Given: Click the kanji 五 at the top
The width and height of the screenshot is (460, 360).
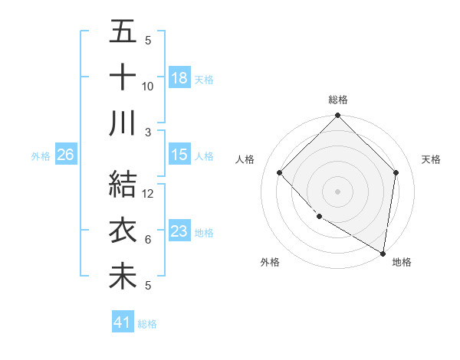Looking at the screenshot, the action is [123, 32].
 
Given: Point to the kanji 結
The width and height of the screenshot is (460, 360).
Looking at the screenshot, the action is [123, 185].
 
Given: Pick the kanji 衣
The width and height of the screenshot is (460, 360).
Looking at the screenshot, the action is [123, 231].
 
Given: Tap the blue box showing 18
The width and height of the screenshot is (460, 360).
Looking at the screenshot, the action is [179, 77].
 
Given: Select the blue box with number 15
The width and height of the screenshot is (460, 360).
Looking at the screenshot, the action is [179, 155].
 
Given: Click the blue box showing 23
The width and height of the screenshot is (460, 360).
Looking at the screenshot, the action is [179, 231].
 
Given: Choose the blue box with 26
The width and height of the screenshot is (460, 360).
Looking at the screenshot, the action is [65, 155].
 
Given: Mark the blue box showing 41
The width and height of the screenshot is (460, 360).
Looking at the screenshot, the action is [123, 322].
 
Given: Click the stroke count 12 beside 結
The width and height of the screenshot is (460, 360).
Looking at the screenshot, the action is [149, 194].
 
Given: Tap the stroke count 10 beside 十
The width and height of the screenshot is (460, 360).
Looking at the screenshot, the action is [148, 86].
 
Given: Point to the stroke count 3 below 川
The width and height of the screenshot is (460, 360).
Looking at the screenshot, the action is [148, 132].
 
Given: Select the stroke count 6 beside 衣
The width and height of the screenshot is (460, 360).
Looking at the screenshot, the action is [148, 240].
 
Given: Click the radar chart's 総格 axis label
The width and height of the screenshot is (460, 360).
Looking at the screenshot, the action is [337, 100].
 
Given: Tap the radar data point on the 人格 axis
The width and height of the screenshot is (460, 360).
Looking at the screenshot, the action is [280, 173].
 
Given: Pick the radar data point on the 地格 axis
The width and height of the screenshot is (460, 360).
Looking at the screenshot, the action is [383, 253].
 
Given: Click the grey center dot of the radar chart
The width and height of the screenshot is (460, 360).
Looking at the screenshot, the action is [337, 191].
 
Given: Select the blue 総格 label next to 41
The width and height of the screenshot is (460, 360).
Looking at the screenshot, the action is [147, 324].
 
